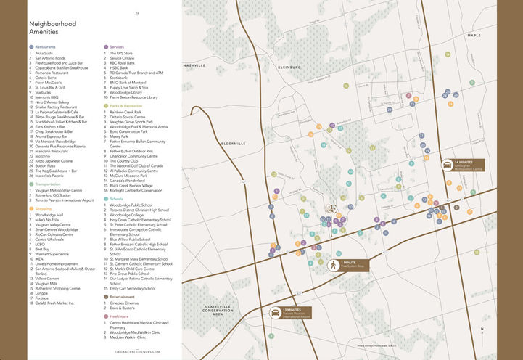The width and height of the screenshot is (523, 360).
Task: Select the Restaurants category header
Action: [x=45, y=46]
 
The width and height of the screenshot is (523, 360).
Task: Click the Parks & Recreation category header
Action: [x=127, y=105]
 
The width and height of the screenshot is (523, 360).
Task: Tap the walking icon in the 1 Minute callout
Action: [x=334, y=266]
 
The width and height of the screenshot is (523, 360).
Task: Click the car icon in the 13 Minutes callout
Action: [x=276, y=312]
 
